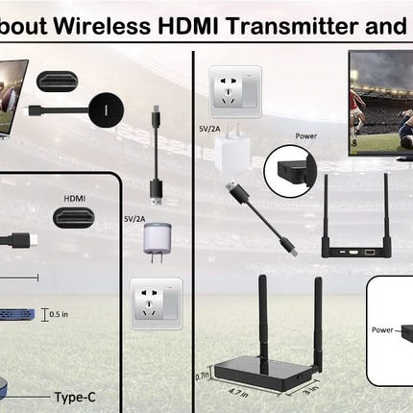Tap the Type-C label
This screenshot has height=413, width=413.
75,397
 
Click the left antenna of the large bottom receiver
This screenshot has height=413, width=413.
262,307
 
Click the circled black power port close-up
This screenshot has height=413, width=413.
289,168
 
